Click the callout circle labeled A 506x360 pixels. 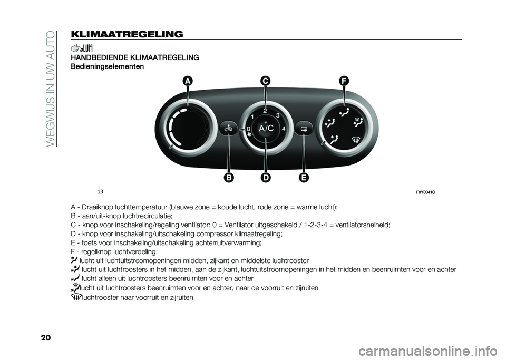(x=187, y=81)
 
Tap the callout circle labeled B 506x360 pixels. (x=229, y=178)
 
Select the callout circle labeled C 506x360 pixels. (x=265, y=81)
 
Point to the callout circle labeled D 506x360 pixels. (x=266, y=178)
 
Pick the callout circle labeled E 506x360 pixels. (x=304, y=178)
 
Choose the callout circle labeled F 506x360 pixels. (x=344, y=81)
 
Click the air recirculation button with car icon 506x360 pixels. (x=229, y=128)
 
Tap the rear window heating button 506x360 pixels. (x=304, y=129)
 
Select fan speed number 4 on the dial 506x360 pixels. (x=284, y=129)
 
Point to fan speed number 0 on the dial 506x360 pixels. (x=248, y=129)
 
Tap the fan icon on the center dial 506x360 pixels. (x=249, y=135)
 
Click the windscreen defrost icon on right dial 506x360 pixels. (x=355, y=140)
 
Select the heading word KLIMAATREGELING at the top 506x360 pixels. (x=126, y=34)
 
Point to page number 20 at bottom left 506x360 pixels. (x=46, y=338)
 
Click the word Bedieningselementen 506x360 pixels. (x=107, y=67)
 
